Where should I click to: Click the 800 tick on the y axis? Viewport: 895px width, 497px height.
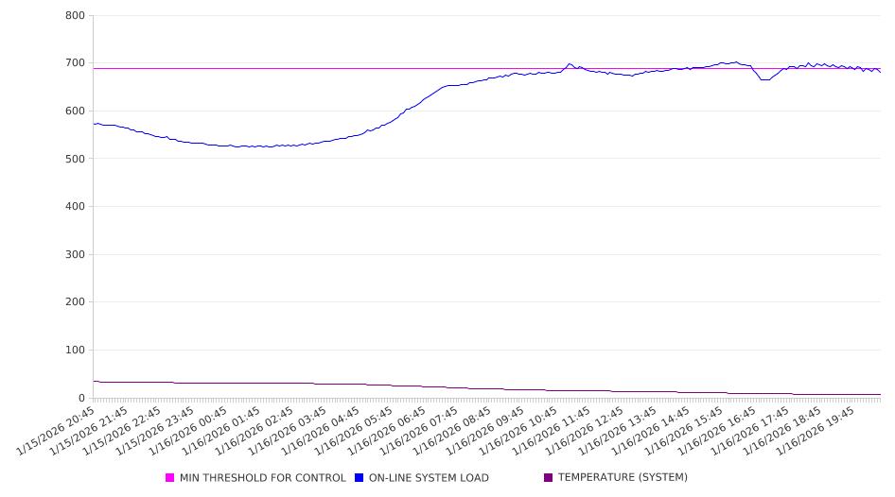click(x=75, y=16)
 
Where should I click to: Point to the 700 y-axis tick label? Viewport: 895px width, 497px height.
click(x=75, y=63)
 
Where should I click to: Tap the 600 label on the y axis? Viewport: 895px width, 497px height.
click(x=75, y=111)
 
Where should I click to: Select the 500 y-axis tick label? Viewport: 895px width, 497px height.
click(x=75, y=159)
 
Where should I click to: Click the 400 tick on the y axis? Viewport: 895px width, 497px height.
click(x=75, y=207)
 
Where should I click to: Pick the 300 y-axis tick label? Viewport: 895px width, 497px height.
click(x=75, y=255)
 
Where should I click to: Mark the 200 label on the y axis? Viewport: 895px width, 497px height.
click(x=75, y=302)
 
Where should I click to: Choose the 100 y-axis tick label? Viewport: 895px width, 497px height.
click(x=75, y=351)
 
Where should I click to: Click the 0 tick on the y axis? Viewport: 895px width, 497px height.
click(x=81, y=398)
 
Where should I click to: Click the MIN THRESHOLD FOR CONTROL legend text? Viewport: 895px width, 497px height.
click(x=262, y=478)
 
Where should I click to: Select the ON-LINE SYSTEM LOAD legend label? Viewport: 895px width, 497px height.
click(x=429, y=478)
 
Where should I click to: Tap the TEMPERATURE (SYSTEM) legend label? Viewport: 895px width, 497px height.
click(x=623, y=478)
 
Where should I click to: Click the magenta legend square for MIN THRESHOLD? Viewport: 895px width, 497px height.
click(x=170, y=478)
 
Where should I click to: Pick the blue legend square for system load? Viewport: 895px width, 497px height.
click(x=360, y=478)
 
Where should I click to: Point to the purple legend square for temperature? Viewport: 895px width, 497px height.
click(x=549, y=478)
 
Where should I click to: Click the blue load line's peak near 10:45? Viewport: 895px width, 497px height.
click(x=570, y=64)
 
